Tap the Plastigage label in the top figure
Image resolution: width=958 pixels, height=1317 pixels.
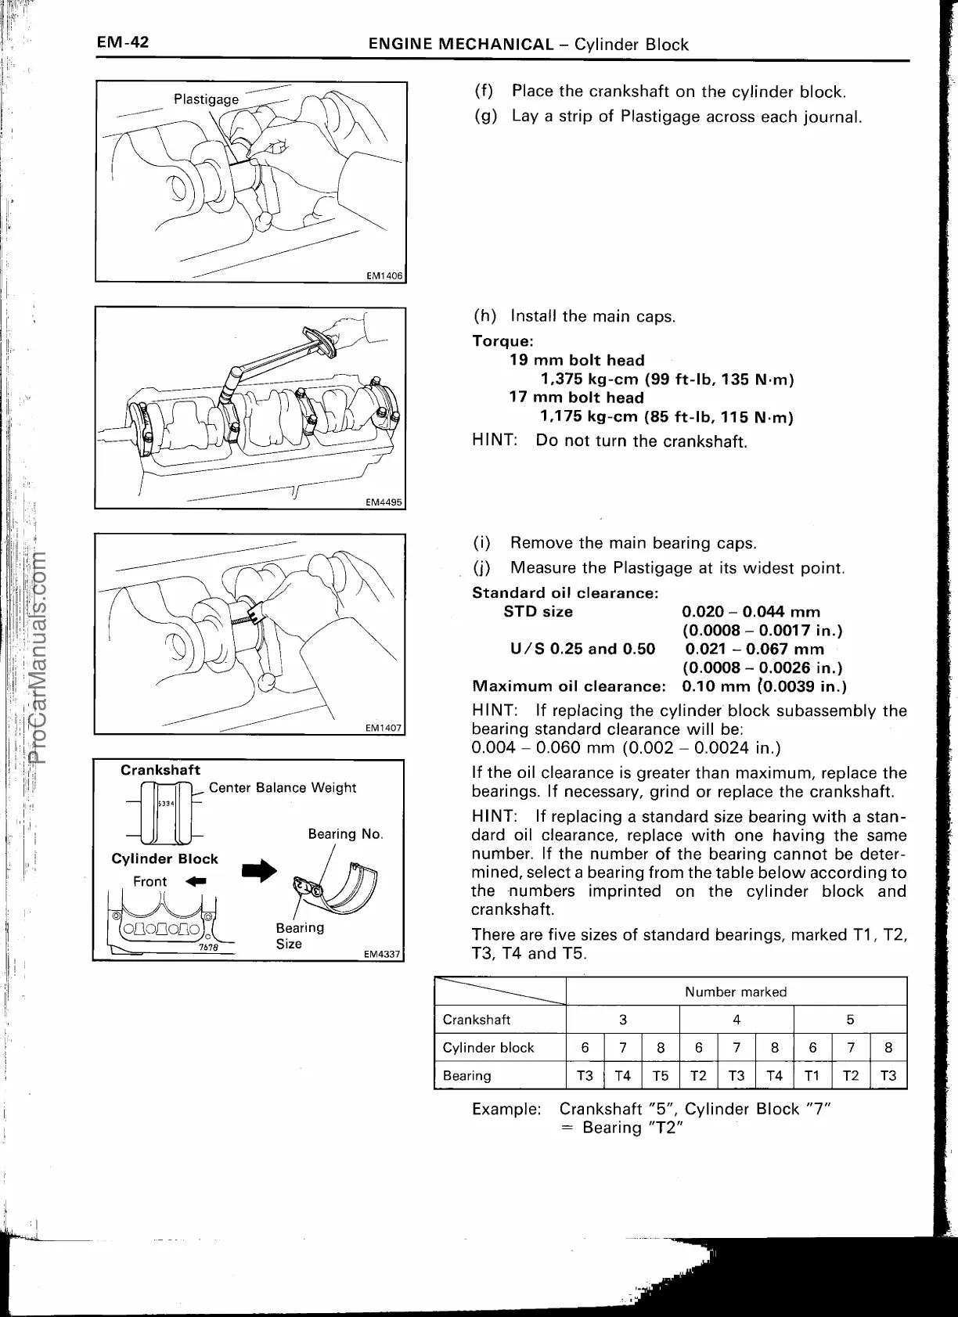[206, 99]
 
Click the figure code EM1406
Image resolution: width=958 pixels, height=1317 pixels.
[384, 275]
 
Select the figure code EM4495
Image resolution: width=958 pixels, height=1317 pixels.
[384, 503]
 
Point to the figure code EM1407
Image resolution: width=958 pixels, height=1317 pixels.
[384, 728]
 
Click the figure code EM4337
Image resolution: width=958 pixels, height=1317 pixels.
[382, 954]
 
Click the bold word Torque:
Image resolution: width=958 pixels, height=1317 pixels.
[502, 341]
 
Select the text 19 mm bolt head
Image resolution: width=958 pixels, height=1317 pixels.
[577, 360]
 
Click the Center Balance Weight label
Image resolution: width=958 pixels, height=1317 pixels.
[282, 787]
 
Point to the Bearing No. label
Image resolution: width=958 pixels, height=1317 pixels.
[345, 834]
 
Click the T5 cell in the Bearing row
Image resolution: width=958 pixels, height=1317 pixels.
[660, 1075]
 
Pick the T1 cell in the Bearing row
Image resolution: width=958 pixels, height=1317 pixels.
[812, 1075]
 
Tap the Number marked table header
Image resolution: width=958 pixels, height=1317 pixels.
[735, 991]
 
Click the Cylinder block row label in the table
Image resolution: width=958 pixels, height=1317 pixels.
[488, 1048]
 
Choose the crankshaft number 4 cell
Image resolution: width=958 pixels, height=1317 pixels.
[736, 1020]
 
